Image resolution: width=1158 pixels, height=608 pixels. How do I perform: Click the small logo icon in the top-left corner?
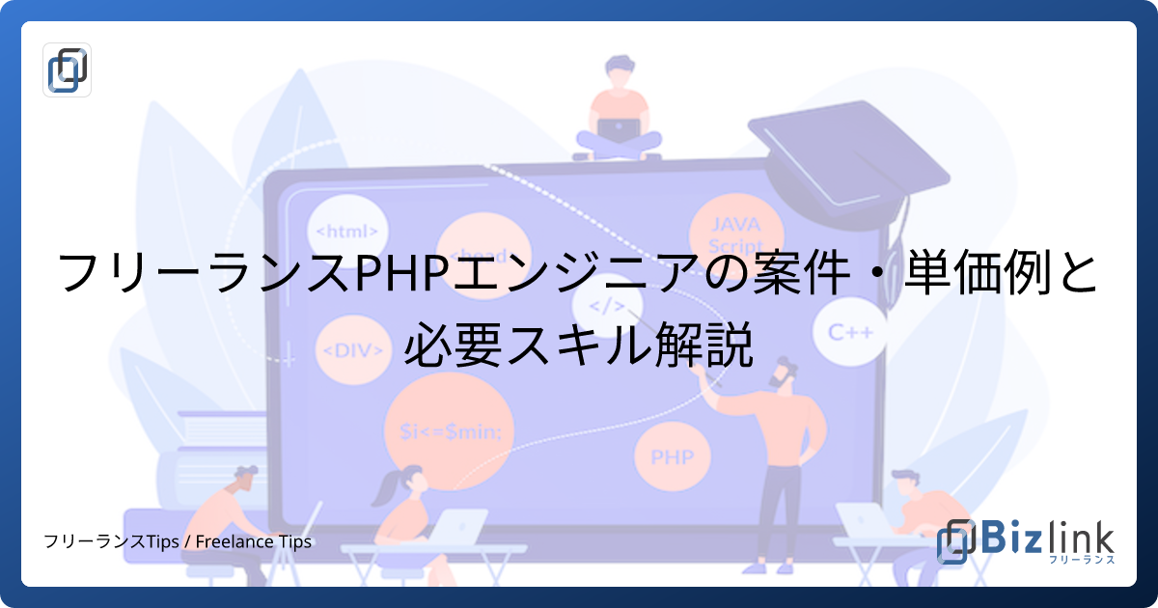68,69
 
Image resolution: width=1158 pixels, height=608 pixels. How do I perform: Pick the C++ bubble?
851,332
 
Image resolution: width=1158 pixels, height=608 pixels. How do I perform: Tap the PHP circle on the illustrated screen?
673,456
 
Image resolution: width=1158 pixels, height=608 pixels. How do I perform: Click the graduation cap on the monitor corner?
840,154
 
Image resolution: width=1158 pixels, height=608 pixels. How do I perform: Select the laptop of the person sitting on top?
615,129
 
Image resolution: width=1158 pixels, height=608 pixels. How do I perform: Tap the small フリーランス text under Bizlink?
1082,560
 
